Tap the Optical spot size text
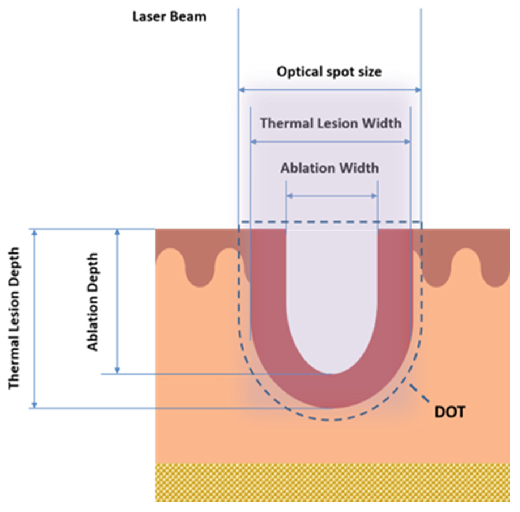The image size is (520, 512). coord(329,72)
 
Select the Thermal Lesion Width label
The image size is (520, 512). coord(331,123)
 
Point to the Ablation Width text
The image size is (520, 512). coord(329,168)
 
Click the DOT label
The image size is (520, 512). coord(449,412)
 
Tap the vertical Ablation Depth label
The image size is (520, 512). coord(93,302)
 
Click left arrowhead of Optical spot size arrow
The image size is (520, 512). coord(242,90)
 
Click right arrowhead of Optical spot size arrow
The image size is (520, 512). coord(418,90)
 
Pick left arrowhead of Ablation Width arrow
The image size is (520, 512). coord(289,196)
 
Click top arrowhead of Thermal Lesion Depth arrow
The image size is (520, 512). coord(34,233)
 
